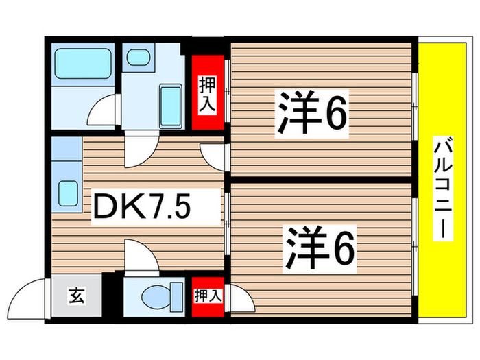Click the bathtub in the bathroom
tap(83, 64)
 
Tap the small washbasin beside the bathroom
tap(139, 57)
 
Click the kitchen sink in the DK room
tap(67, 191)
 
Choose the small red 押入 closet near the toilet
tap(208, 296)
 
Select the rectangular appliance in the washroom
tap(169, 102)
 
